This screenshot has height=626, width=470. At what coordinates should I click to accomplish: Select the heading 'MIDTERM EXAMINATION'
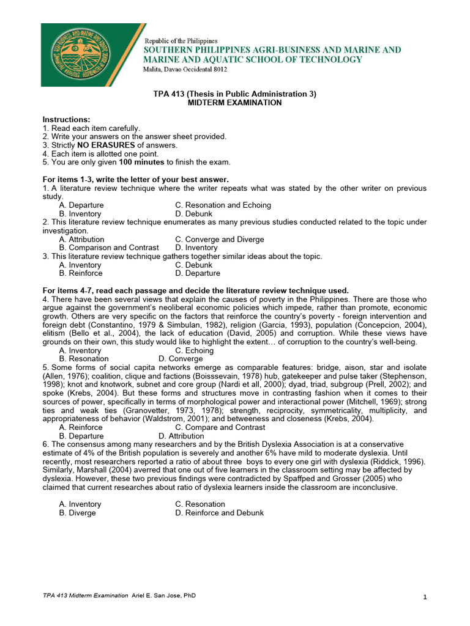[x=234, y=103]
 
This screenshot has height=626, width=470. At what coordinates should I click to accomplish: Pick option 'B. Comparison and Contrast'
[x=109, y=248]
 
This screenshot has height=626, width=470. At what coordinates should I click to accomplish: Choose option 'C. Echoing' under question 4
[x=194, y=350]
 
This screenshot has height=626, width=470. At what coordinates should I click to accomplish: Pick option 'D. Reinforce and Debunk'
[x=219, y=513]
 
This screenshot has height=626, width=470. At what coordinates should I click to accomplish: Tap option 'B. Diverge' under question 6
[x=78, y=513]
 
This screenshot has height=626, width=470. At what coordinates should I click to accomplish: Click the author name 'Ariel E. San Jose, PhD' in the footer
[x=164, y=595]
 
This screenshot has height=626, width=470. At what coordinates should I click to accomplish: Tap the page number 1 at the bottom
[x=424, y=597]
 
